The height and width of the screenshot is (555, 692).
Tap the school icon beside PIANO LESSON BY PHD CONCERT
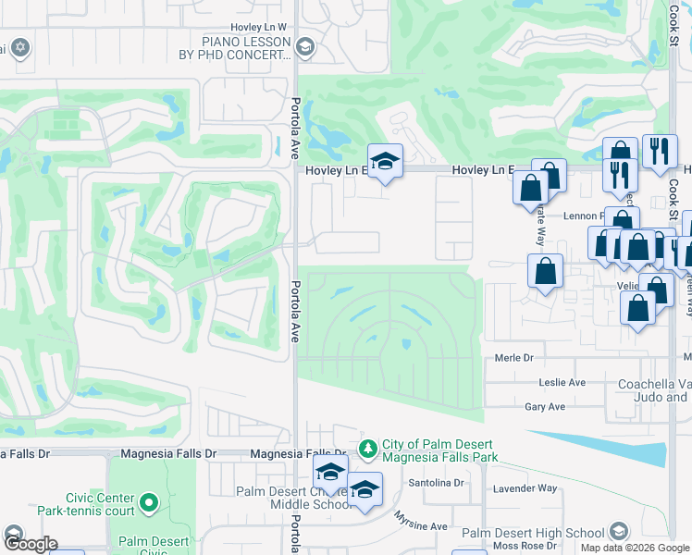(x=306, y=47)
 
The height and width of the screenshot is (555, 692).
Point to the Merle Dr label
(x=515, y=358)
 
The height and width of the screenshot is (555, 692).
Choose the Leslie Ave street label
(x=562, y=382)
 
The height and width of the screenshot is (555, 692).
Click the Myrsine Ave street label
(x=421, y=525)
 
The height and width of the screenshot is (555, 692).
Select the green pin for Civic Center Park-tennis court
(x=149, y=504)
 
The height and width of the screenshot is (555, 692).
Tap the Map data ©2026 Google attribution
(x=635, y=548)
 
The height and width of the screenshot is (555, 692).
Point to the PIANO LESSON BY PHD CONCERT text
(x=246, y=48)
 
